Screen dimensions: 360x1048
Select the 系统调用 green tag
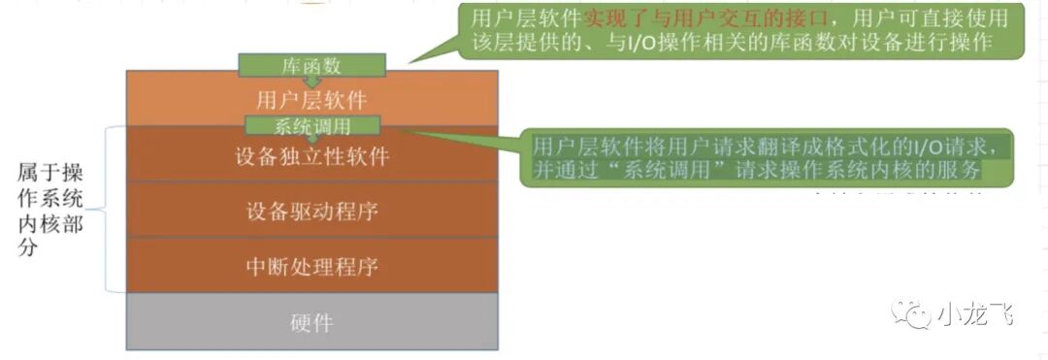[x=311, y=125]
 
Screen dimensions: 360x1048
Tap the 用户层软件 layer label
[x=311, y=99]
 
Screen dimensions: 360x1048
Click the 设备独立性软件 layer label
[x=311, y=155]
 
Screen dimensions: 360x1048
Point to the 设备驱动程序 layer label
[x=311, y=211]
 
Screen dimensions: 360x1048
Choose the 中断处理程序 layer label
[x=311, y=265]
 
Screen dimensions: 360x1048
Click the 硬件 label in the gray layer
[x=311, y=322]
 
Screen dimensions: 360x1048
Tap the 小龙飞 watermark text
[x=974, y=313]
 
